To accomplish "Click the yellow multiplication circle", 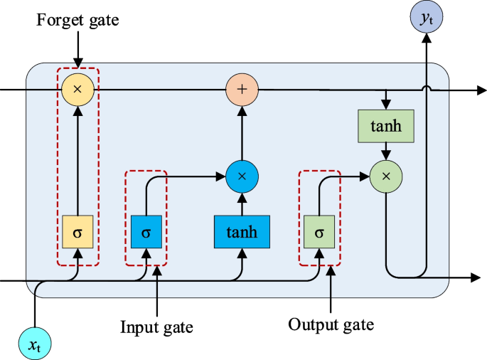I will coord(78,90).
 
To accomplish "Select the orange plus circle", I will coord(242,90).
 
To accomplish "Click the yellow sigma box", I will coord(78,232).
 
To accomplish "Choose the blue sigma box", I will coord(146,232).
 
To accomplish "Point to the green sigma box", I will coord(319,232).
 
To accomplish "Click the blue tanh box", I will coord(242,232).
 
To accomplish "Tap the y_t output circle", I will coord(427,18).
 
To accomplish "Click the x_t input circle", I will coord(34,344).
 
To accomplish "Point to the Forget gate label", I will coord(78,21).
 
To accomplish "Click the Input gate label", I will coord(156,327).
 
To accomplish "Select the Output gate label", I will coord(331,324).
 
